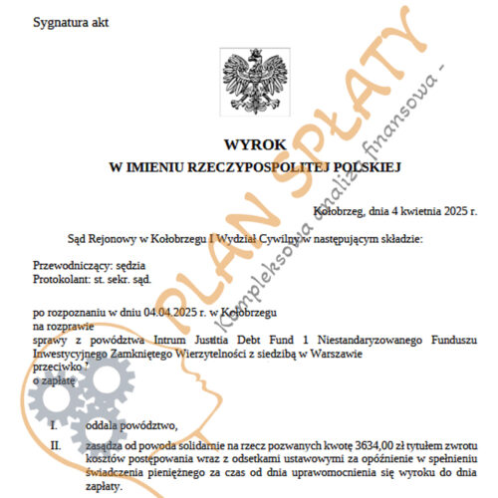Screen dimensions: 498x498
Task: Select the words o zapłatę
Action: (56, 380)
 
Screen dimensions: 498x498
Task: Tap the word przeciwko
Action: (58, 367)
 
